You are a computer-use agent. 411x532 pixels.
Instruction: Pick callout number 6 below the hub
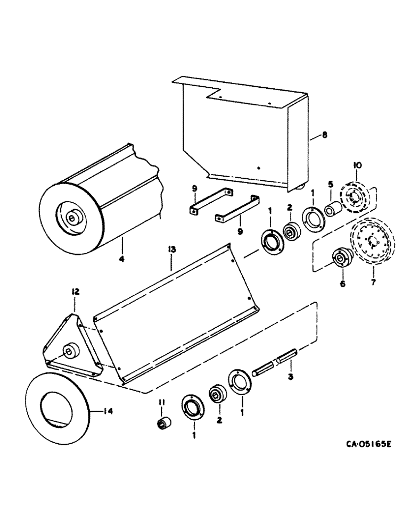[x=342, y=284]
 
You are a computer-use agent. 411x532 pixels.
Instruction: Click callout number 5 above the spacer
[x=330, y=184]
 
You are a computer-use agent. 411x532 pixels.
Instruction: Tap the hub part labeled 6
[x=340, y=259]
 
